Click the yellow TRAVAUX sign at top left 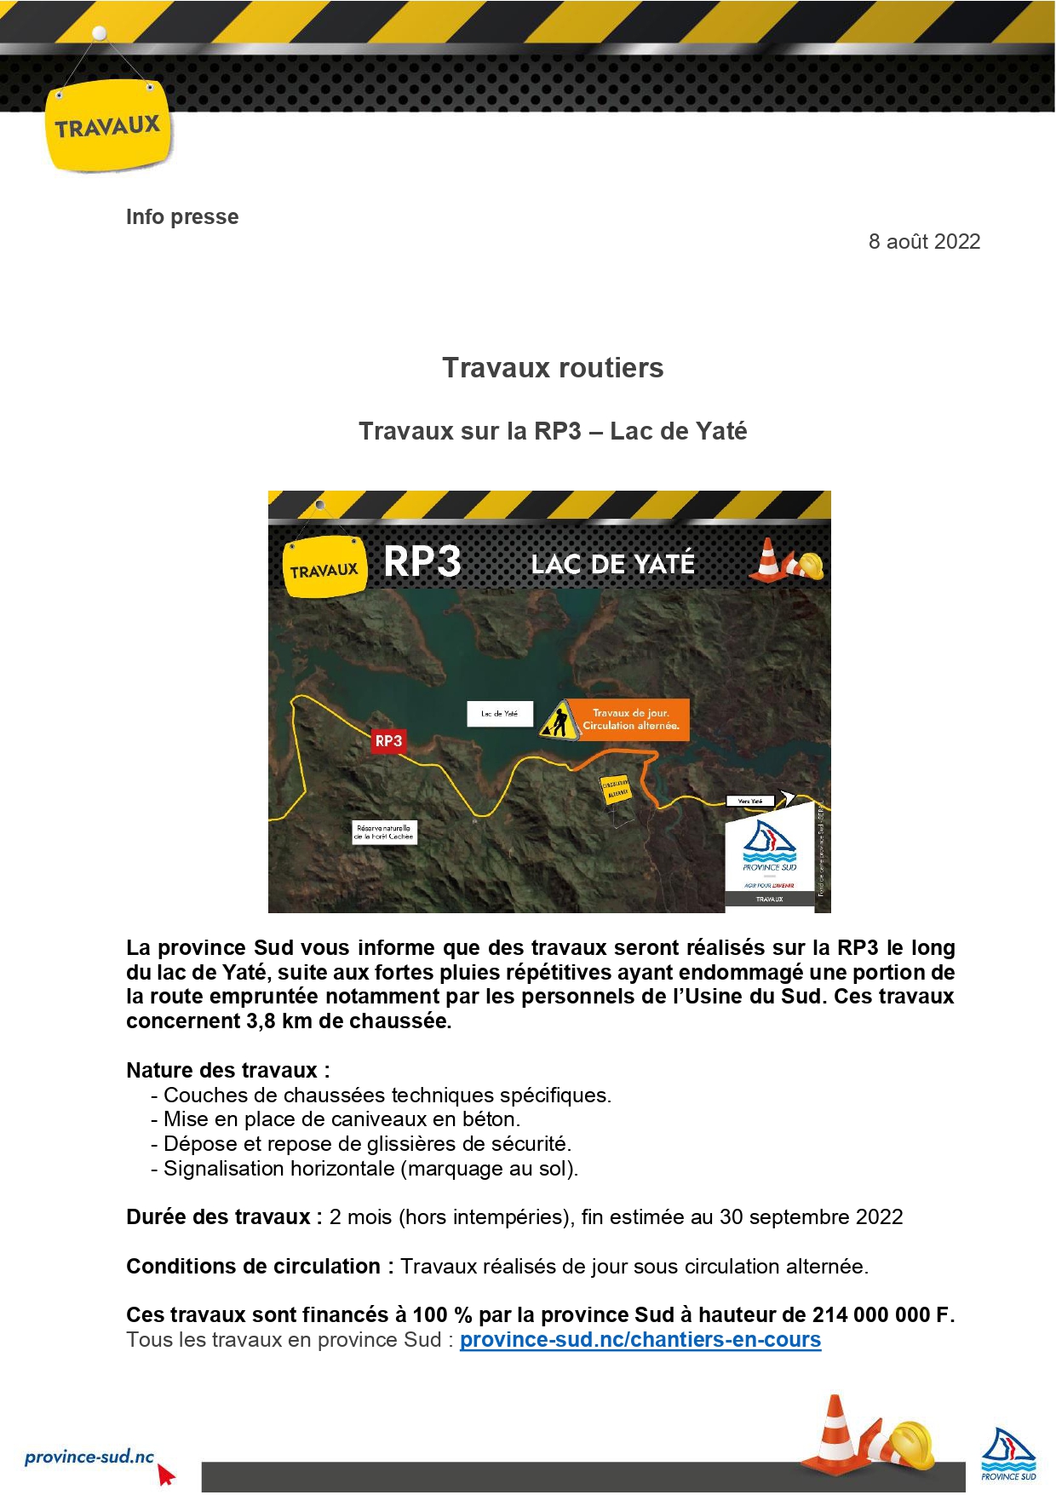point(107,128)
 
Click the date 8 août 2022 point(924,242)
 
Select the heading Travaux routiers point(553,368)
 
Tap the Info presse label point(182,217)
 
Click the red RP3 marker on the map point(388,741)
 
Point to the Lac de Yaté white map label point(499,714)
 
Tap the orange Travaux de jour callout point(631,720)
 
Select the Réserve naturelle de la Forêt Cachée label point(384,832)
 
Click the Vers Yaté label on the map point(749,801)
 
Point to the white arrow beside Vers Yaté point(787,797)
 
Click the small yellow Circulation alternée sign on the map point(616,790)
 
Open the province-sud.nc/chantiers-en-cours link point(640,1340)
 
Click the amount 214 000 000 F point(882,1315)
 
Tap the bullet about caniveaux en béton point(341,1119)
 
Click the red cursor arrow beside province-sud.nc point(166,1475)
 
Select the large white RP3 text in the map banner point(422,562)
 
